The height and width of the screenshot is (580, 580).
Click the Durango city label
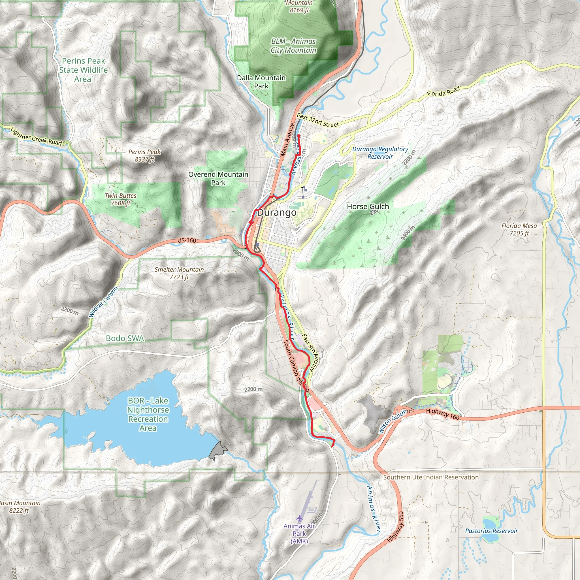(276, 213)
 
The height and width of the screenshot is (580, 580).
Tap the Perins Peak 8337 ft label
(144, 155)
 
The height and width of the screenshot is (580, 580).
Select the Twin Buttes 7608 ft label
(120, 199)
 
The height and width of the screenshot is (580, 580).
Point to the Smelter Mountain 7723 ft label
(179, 273)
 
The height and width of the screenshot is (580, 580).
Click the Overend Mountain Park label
(218, 178)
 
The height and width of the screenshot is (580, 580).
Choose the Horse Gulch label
(368, 206)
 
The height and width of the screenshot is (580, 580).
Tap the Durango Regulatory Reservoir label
(380, 153)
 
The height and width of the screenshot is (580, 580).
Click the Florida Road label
(443, 91)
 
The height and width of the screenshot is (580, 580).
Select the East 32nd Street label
(318, 120)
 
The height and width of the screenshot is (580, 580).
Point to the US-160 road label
(186, 240)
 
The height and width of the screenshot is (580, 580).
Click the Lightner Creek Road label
(36, 136)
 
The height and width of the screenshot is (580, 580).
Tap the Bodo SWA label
(125, 338)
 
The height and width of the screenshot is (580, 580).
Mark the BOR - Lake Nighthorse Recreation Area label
(148, 414)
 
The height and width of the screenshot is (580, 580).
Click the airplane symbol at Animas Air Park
(299, 519)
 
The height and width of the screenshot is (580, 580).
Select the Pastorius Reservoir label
(491, 531)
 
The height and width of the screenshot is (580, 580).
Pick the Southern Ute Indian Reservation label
(431, 477)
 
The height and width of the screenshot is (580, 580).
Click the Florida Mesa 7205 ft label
(519, 229)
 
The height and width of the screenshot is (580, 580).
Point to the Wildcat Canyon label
(104, 302)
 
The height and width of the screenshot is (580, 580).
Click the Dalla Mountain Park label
(261, 82)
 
